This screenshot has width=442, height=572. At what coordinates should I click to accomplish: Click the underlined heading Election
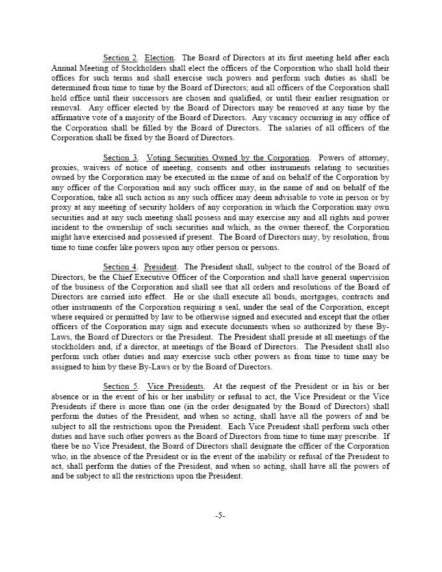pos(160,58)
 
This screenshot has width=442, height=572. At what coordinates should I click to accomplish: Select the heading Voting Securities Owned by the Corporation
pos(228,158)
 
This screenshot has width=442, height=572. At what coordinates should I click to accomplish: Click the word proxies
pos(64,168)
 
